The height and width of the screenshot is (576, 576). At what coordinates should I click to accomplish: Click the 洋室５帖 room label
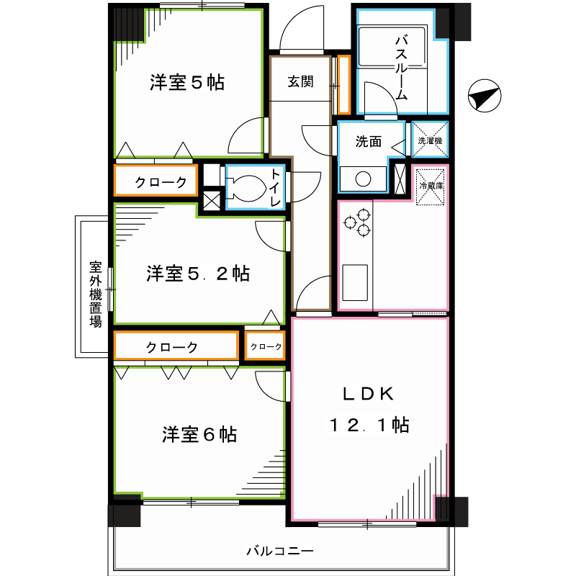[187, 83]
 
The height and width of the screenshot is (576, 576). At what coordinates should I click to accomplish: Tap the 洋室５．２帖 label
[199, 274]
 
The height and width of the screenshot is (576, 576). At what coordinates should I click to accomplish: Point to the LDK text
[367, 394]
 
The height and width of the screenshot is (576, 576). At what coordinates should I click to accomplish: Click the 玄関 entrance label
[301, 81]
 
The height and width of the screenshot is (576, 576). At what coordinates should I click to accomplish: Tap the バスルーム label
[402, 66]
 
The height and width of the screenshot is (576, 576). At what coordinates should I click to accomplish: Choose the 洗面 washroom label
[368, 141]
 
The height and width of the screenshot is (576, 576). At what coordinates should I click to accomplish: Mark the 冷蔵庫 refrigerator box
[431, 186]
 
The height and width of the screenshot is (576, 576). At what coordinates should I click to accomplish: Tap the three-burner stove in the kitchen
[358, 220]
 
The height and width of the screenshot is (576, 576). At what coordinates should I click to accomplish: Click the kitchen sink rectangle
[354, 283]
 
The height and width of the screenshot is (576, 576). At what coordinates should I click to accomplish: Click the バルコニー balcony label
[280, 552]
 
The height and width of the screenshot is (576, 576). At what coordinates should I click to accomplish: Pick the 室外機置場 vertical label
[95, 294]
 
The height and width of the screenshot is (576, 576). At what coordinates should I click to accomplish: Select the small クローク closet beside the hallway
[266, 346]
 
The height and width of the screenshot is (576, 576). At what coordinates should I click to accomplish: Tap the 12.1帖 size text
[369, 426]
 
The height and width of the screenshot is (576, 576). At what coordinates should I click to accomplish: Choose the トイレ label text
[276, 187]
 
